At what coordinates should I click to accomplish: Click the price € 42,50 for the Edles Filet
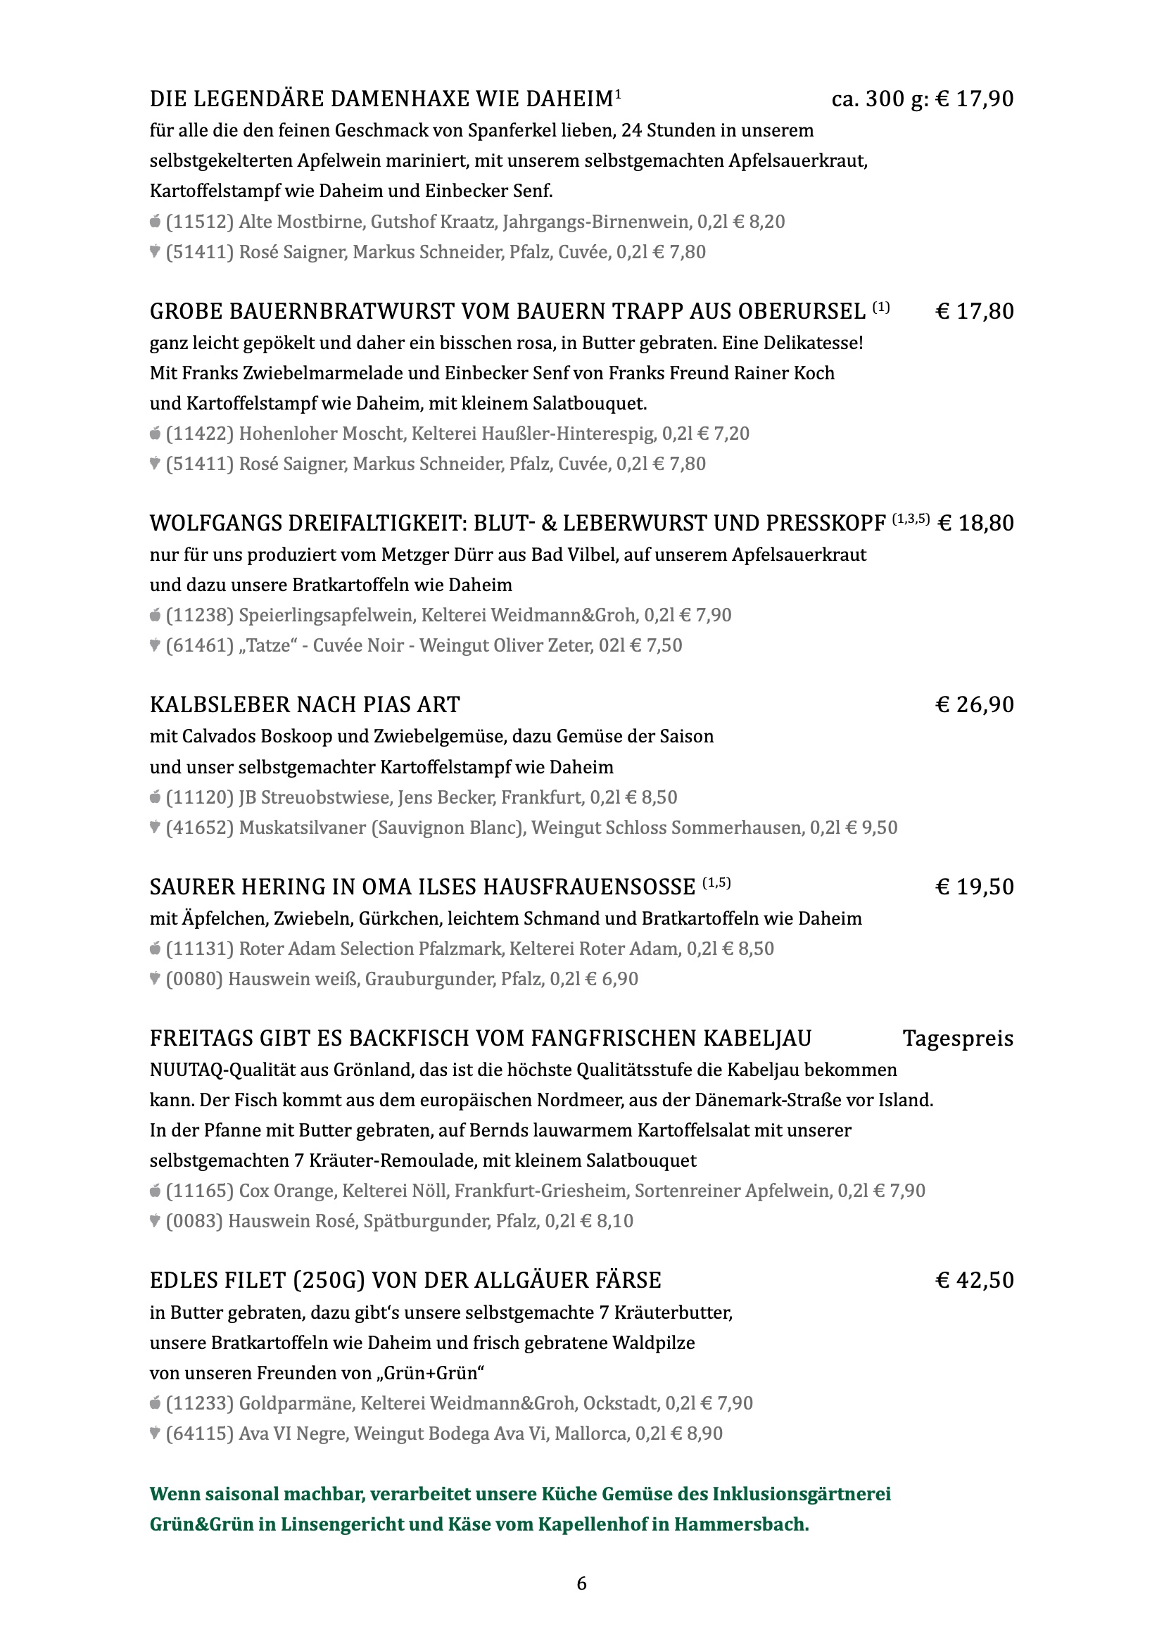[975, 1280]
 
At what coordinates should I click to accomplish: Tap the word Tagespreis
[958, 1039]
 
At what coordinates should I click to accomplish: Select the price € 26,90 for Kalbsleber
[975, 704]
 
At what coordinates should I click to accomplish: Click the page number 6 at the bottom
[581, 1583]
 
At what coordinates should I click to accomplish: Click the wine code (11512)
[200, 222]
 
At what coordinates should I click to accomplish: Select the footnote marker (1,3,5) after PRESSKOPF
[910, 519]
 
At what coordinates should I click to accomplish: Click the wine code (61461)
[200, 645]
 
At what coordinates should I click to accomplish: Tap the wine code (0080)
[194, 979]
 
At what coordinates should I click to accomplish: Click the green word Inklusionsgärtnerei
[802, 1494]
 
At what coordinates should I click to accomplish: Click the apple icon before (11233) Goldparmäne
[155, 1403]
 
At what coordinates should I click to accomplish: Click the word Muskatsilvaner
[302, 828]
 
